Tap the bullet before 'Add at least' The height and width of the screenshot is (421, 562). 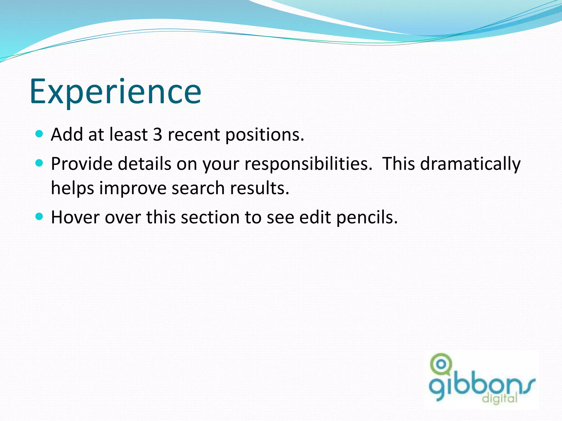(x=40, y=134)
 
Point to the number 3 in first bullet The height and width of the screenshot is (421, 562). (x=158, y=135)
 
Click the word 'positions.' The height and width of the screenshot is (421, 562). (x=265, y=135)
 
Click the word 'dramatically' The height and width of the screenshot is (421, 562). (x=470, y=164)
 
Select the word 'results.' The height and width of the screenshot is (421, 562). (x=260, y=188)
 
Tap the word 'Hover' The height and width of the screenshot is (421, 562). (x=75, y=217)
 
